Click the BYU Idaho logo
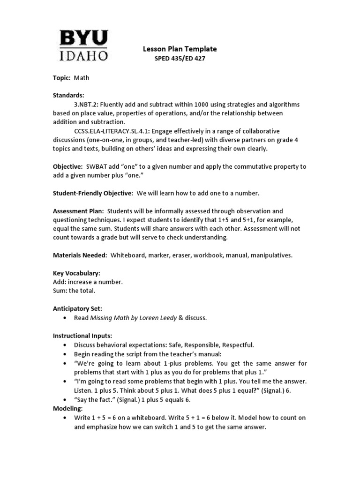83,45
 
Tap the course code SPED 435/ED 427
180,59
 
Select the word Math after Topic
82,78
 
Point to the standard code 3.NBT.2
85,104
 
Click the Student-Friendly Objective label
93,193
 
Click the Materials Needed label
80,255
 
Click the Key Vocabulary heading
76,273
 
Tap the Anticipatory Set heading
77,309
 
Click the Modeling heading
67,409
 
